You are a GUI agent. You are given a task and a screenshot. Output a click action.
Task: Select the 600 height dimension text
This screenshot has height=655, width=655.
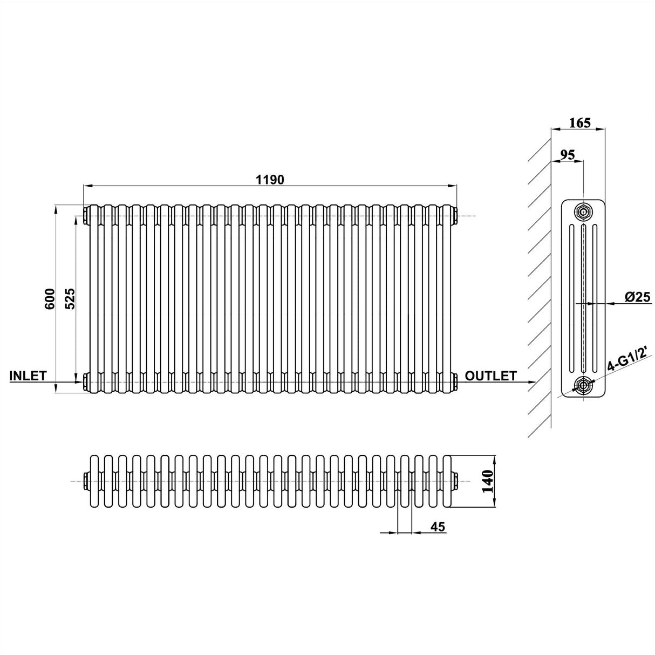pos(49,299)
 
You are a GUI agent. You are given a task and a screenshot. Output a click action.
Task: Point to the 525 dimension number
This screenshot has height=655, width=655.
pos(70,299)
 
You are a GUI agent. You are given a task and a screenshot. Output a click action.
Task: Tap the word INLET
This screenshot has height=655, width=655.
pos(28,376)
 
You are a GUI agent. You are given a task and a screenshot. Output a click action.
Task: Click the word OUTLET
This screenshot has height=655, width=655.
pos(491,376)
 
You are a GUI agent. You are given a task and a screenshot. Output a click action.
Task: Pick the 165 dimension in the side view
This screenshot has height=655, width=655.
pos(580,122)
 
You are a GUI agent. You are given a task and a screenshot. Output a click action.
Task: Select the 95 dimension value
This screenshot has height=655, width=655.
pos(567,154)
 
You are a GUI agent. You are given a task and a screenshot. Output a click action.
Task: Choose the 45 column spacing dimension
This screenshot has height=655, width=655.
pos(438,527)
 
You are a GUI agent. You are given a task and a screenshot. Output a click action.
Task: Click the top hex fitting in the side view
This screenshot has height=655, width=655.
pos(583,211)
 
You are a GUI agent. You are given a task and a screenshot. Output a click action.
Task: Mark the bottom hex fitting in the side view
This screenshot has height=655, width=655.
pos(583,385)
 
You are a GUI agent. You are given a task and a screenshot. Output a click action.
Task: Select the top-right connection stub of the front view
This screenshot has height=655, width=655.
pos(456,215)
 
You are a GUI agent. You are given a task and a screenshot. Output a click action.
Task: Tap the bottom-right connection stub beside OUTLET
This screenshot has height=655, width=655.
pos(456,382)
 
